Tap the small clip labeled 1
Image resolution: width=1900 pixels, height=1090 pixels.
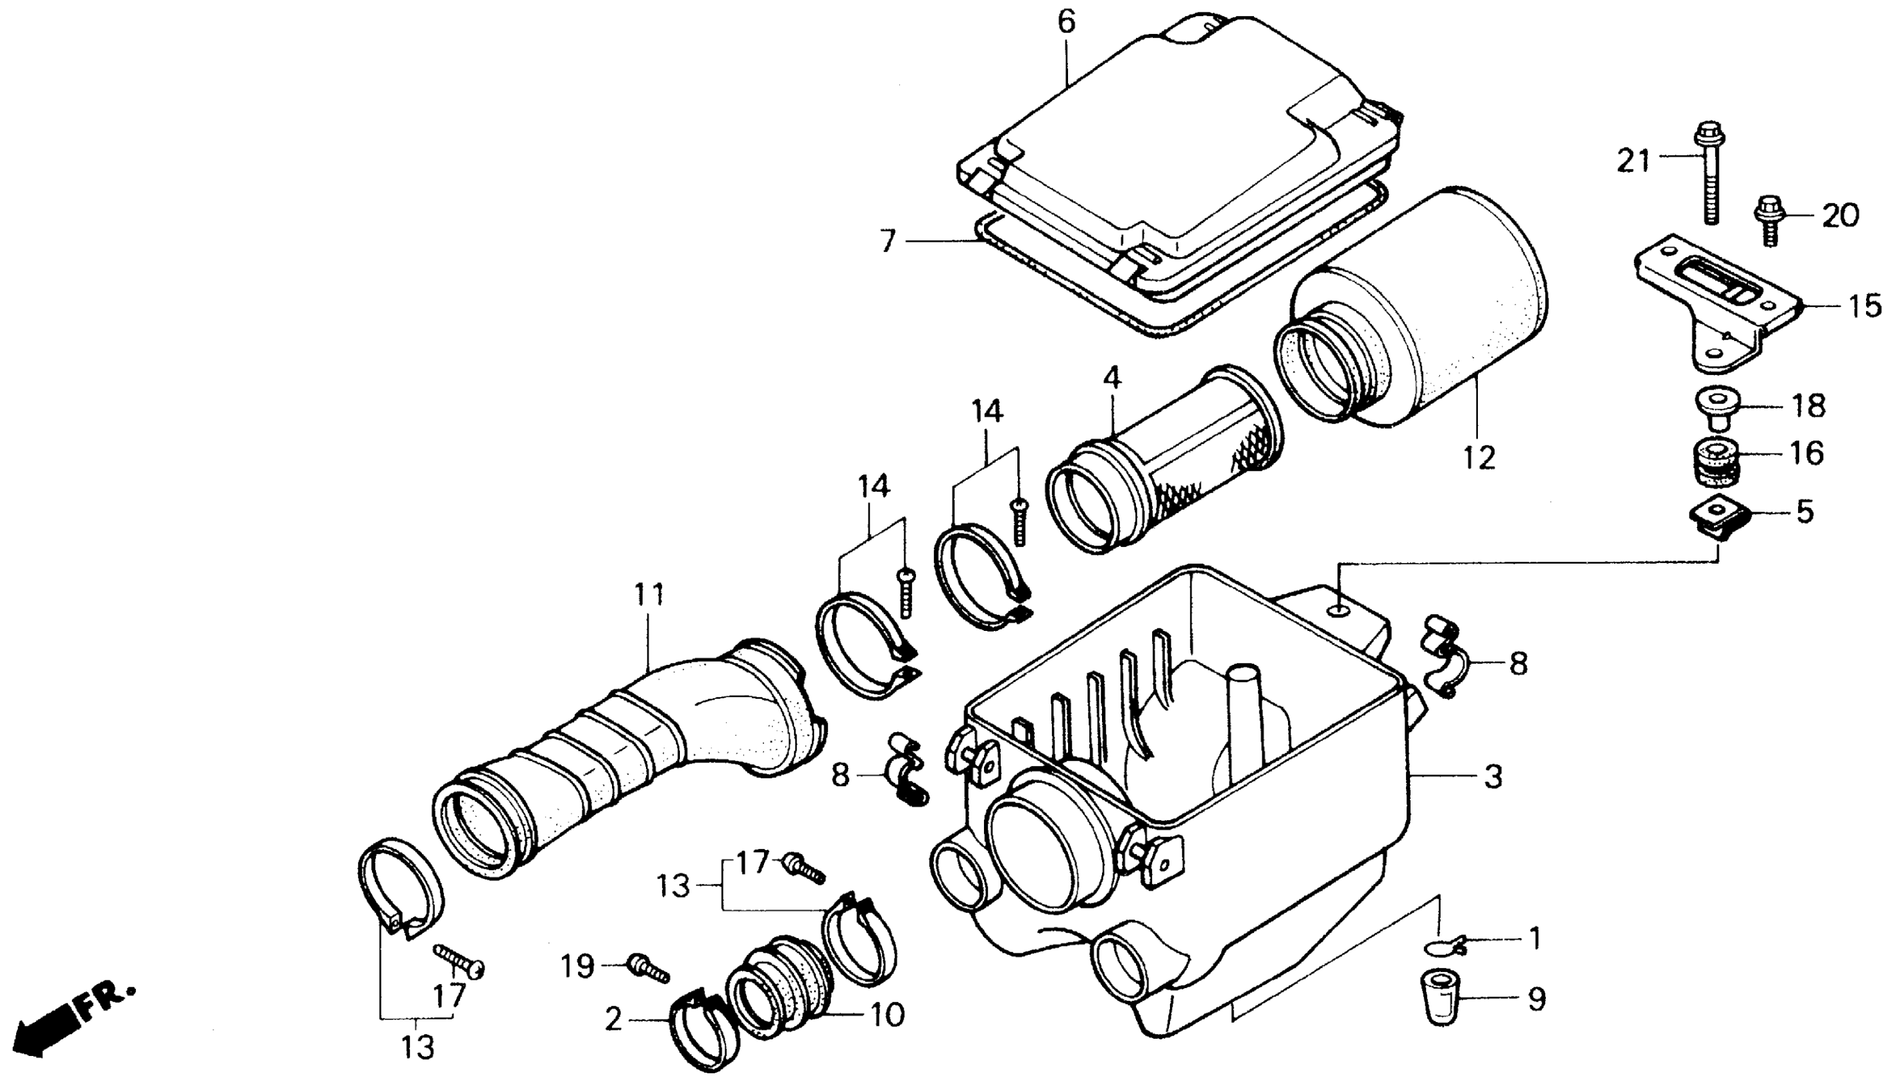click(1444, 948)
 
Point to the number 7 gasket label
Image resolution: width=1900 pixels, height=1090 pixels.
click(888, 241)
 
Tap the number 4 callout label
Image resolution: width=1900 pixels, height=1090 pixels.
click(1112, 378)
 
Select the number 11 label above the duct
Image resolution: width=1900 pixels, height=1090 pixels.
click(649, 596)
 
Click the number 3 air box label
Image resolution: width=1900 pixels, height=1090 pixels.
click(1493, 777)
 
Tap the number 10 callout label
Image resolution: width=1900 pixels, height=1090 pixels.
click(886, 1015)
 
